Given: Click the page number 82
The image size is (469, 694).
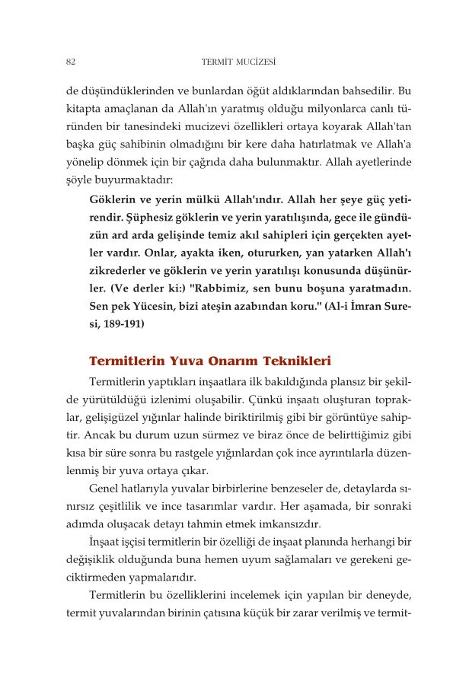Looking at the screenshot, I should (70, 61).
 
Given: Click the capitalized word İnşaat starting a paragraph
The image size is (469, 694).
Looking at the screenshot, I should (107, 541).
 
